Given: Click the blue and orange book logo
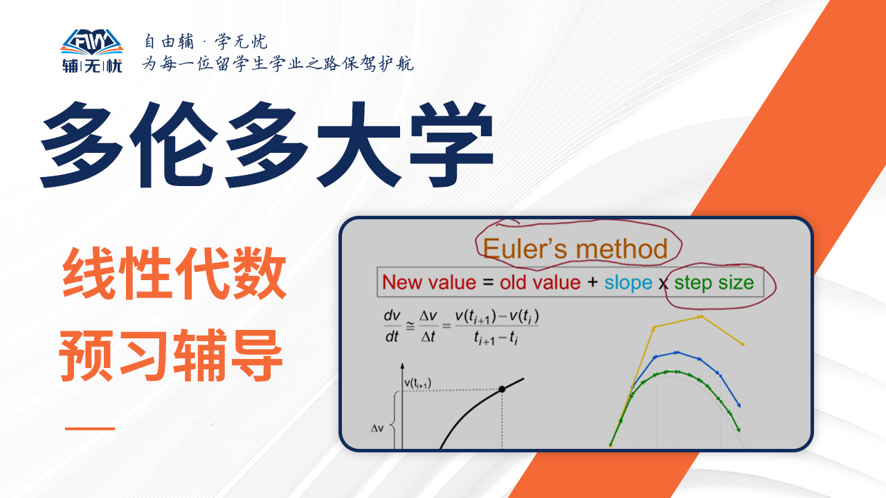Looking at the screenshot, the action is (x=92, y=42).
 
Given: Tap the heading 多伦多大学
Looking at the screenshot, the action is (x=267, y=145).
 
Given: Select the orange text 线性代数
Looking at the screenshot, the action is (x=174, y=273).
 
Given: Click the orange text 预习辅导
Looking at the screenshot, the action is (x=171, y=355).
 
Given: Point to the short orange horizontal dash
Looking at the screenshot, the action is (x=90, y=428).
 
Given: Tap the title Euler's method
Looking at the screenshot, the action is (x=575, y=249).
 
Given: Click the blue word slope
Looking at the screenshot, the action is (x=628, y=283).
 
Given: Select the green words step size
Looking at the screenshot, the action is (x=714, y=283).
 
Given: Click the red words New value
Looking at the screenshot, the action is (x=429, y=283).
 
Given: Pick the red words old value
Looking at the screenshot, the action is (x=540, y=283).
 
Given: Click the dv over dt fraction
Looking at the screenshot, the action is (x=392, y=326).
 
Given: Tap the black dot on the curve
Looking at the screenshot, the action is (x=502, y=389).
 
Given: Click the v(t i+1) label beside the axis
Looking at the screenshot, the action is (x=417, y=383).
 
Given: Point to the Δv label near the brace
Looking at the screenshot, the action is (x=377, y=428).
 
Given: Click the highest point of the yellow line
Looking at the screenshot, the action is (x=700, y=317).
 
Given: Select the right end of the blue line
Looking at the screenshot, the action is (x=739, y=405).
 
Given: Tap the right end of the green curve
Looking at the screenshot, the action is (x=739, y=430).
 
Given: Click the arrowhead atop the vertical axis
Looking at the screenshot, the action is (x=402, y=367).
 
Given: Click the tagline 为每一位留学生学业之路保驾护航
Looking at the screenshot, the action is (x=278, y=64).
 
